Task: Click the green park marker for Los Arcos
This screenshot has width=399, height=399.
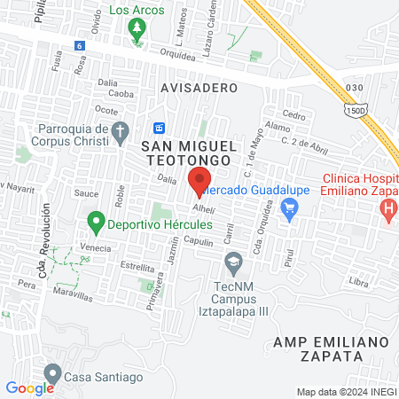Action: coord(137,30)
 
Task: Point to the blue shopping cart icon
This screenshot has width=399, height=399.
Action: coord(288,207)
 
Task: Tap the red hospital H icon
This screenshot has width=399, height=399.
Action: coord(387,211)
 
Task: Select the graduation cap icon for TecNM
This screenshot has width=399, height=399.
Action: coord(233,262)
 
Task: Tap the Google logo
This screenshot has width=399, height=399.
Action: coord(29,387)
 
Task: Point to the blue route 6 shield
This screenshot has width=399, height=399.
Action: coord(80,45)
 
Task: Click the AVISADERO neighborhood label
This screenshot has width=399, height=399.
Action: coord(199,88)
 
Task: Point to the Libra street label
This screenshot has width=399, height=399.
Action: coord(358,282)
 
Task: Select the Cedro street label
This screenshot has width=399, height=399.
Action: coord(293,115)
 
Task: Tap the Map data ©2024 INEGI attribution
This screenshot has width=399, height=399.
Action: coord(346,392)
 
